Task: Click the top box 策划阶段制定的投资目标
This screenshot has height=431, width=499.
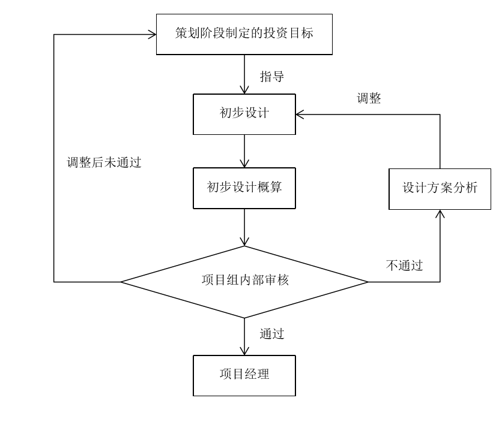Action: click(244, 34)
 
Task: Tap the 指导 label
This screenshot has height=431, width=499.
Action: click(272, 77)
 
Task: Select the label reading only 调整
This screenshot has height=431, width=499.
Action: click(369, 98)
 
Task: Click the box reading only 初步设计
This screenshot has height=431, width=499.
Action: click(244, 114)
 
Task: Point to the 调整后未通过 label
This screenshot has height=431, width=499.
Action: click(106, 162)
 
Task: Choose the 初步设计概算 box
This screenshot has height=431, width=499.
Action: click(244, 188)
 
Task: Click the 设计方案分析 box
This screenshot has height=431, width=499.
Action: click(440, 188)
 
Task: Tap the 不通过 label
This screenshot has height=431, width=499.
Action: click(404, 266)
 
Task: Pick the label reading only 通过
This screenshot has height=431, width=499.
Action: click(272, 333)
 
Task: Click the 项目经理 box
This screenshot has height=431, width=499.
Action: click(244, 375)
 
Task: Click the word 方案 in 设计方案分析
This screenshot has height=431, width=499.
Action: click(440, 188)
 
